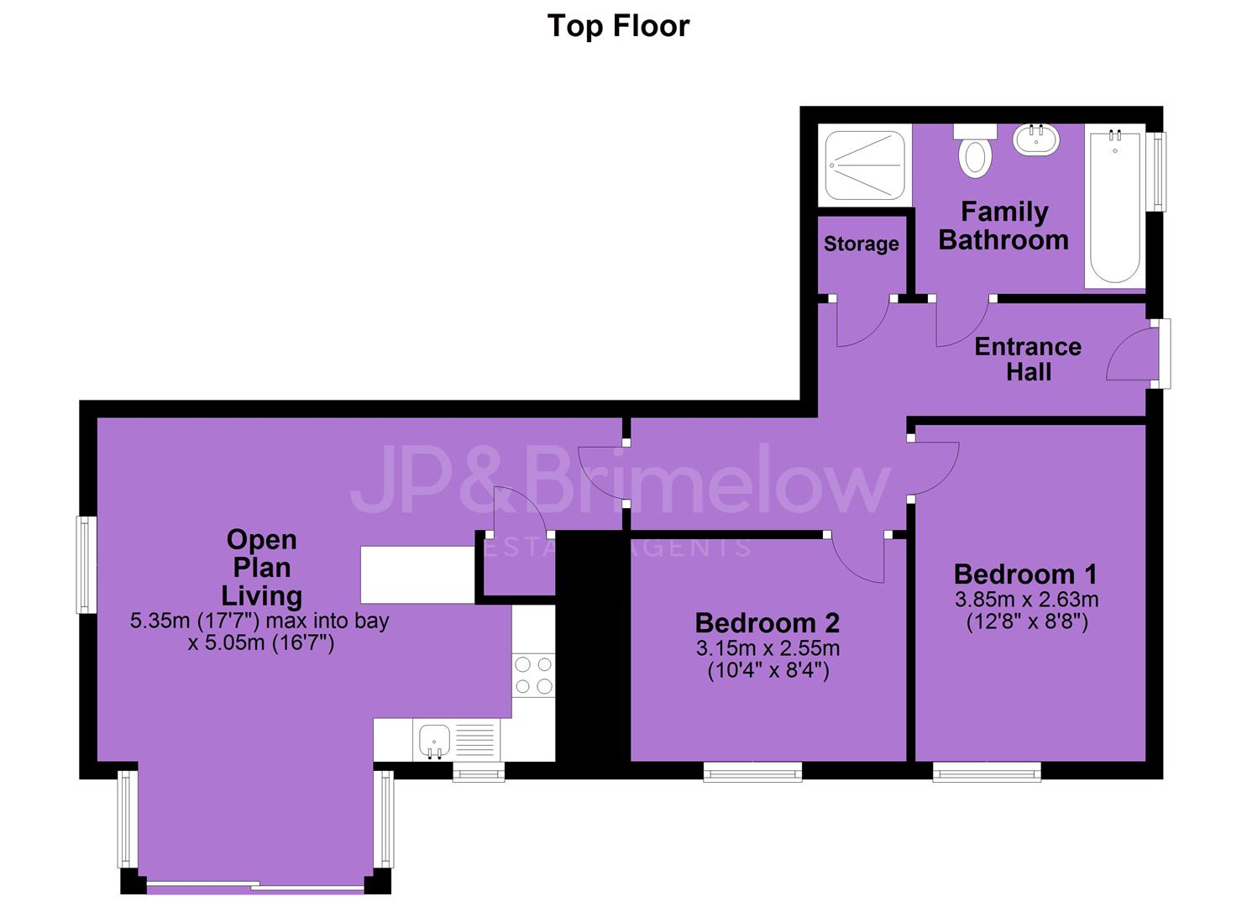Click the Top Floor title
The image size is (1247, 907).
coord(618,26)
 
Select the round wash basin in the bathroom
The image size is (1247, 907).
coord(1035,139)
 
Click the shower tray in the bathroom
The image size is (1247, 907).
coord(865,165)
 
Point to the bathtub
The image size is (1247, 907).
coord(1115,206)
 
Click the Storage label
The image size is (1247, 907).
coord(861,244)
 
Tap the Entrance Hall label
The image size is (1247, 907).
coord(1028,359)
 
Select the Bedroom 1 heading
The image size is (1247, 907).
coord(1025,574)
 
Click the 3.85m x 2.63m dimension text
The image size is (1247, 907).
coord(1026,600)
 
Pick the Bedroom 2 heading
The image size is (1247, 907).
coord(768,622)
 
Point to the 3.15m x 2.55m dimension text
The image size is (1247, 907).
coord(768,648)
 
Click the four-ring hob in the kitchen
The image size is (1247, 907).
coord(533,675)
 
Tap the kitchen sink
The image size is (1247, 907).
coord(434,741)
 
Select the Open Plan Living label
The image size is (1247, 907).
coord(262,568)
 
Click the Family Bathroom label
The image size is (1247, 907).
coord(1003,226)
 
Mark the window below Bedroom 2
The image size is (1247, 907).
coord(752,772)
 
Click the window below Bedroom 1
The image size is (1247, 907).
coord(987,772)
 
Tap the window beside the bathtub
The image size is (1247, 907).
coord(1159,171)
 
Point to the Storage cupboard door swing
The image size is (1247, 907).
coord(862,325)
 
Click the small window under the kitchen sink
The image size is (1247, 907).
coord(479,772)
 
